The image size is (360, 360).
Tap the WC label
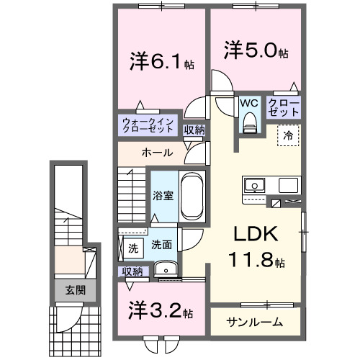(x=248, y=104)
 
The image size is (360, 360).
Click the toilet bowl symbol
(x=249, y=125)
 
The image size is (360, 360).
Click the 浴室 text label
(x=159, y=195)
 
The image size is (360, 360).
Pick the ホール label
(x=156, y=153)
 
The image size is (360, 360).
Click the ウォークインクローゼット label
(x=147, y=125)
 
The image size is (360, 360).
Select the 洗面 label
(x=161, y=245)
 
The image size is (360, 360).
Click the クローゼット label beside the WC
(x=284, y=108)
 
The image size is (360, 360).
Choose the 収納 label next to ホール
(x=194, y=130)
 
